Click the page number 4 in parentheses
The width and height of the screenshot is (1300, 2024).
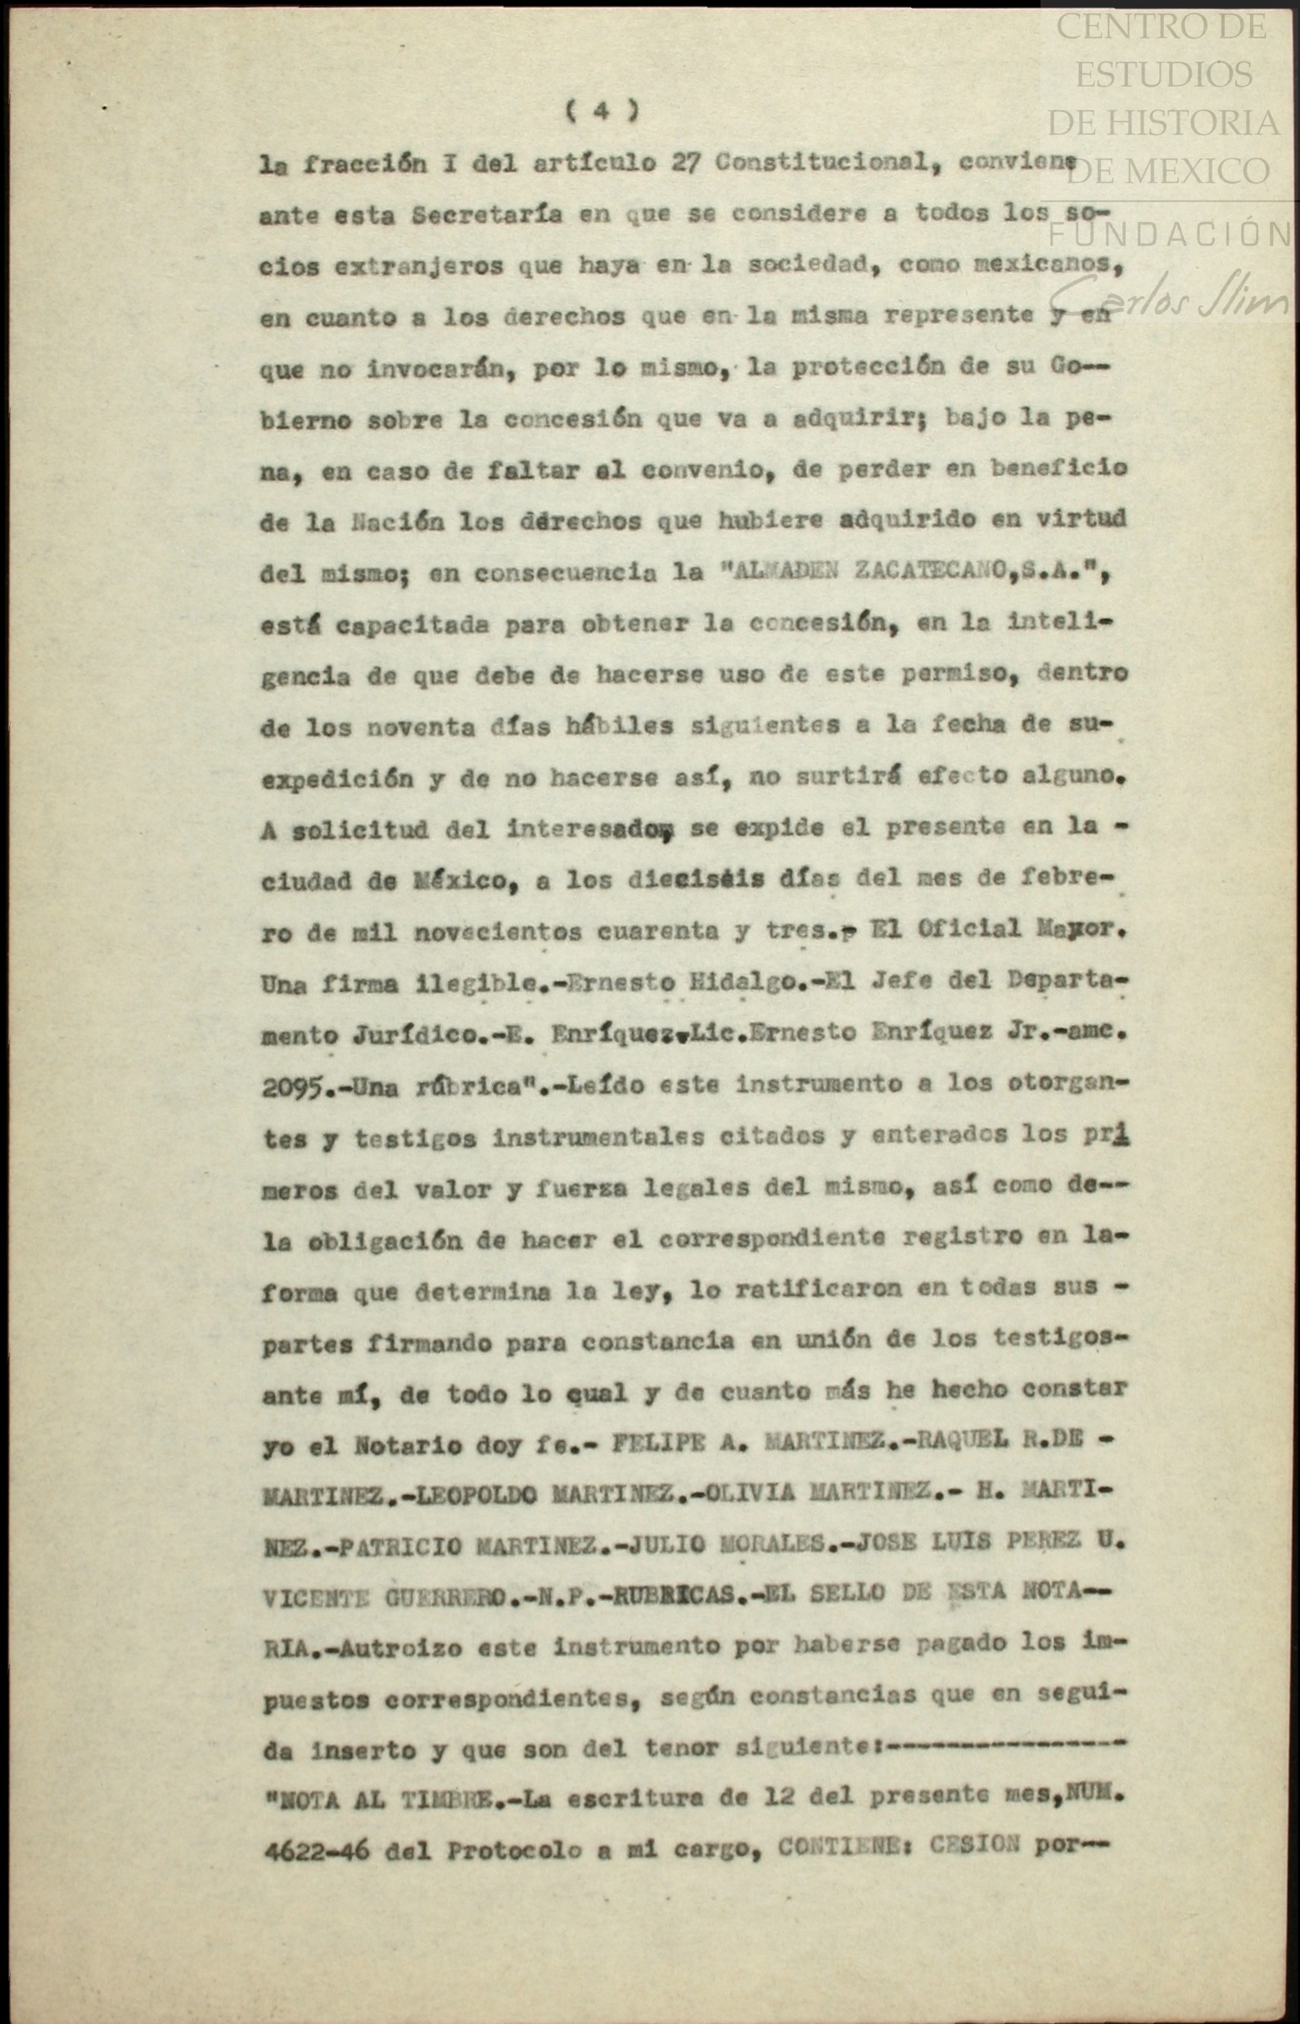pyautogui.click(x=601, y=111)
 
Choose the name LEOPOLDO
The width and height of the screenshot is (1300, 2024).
pyautogui.click(x=477, y=1493)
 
